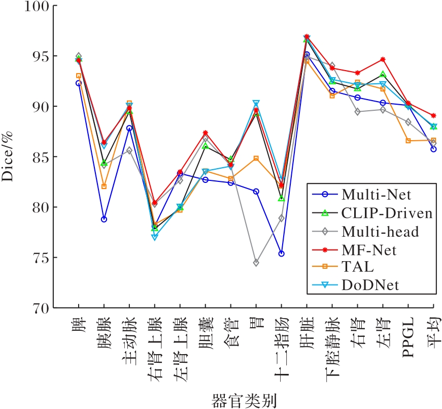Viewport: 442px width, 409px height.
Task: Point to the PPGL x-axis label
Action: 409,336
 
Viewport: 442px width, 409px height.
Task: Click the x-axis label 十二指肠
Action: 282,347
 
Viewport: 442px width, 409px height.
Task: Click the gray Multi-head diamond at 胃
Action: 256,263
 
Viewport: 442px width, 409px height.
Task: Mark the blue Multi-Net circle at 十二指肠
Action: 282,254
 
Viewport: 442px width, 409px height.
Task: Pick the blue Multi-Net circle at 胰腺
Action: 104,219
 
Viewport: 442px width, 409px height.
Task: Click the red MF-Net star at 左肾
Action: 383,59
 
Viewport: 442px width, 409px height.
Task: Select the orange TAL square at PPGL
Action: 409,141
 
